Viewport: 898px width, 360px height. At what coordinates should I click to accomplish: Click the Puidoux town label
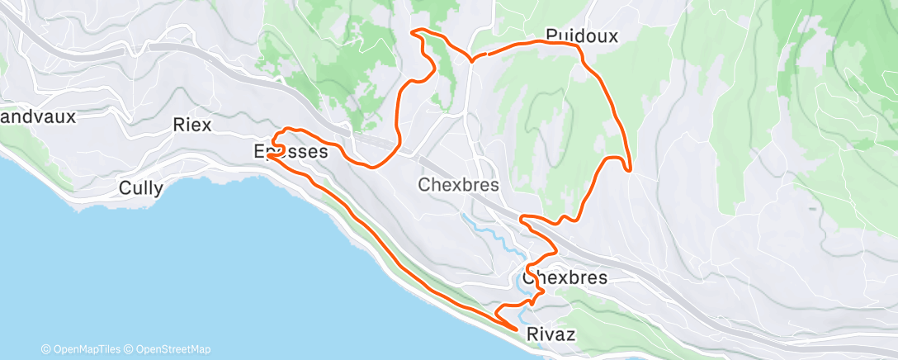click(x=581, y=35)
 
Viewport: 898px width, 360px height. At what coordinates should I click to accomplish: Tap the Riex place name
click(x=192, y=126)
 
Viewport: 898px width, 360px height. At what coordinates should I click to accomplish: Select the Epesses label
click(x=291, y=152)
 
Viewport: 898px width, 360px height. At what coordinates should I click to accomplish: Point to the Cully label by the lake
click(x=141, y=187)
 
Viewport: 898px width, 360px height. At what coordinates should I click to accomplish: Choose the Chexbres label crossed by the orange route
click(x=565, y=277)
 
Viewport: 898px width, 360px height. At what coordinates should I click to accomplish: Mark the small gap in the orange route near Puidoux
click(x=480, y=56)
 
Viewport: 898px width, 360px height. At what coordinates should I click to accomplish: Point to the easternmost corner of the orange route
click(x=630, y=170)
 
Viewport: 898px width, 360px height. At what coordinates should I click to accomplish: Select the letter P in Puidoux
click(x=551, y=36)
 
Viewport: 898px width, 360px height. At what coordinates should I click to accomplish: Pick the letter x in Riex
click(x=206, y=126)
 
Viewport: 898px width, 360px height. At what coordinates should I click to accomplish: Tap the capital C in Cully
click(x=125, y=187)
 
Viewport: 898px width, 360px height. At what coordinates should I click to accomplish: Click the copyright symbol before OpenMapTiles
click(x=46, y=349)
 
